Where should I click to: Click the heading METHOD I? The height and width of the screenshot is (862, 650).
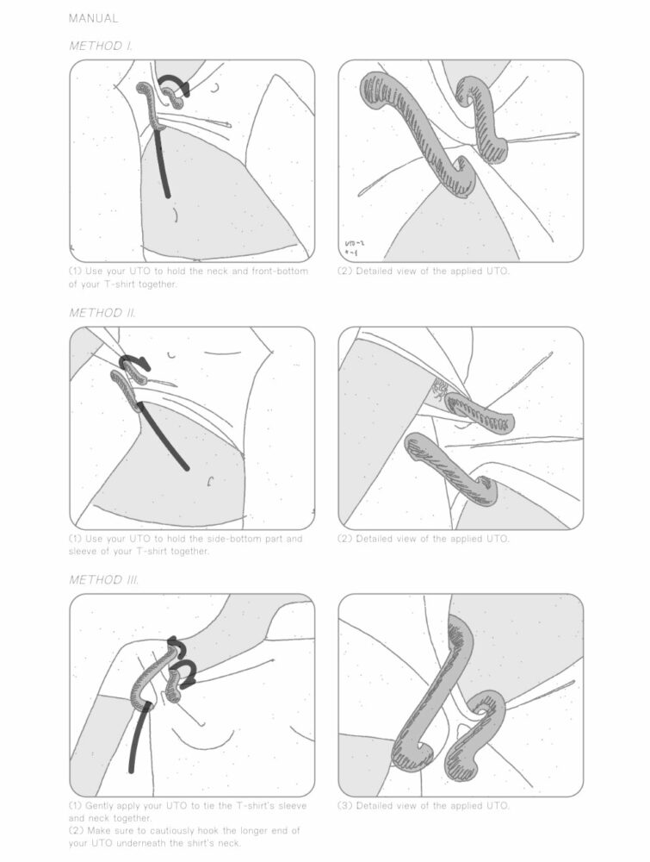click(x=100, y=46)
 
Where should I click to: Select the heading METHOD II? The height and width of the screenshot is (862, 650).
click(x=102, y=313)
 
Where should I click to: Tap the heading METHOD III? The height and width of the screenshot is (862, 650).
click(x=103, y=580)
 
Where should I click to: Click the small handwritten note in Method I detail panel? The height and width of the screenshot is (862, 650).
click(x=354, y=249)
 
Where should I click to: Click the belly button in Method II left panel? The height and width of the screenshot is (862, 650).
click(x=210, y=480)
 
